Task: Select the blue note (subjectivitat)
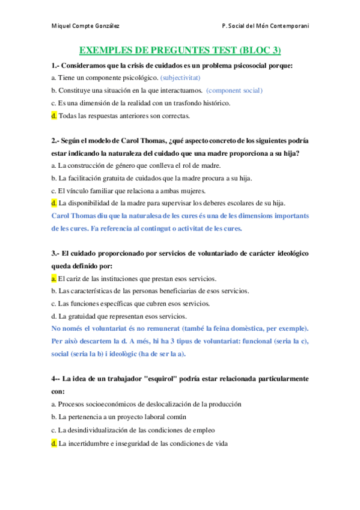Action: pos(180,78)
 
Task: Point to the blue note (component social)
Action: pos(234,90)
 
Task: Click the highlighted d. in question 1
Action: pos(54,115)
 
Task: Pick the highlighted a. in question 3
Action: pos(54,278)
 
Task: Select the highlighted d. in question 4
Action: pos(54,443)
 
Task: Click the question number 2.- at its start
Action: pos(56,140)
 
